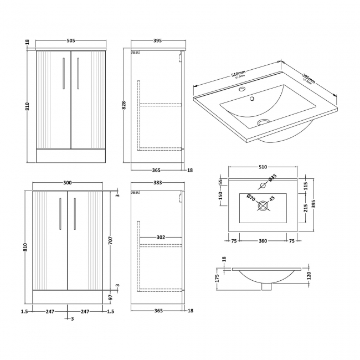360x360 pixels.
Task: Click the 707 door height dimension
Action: (x=111, y=242)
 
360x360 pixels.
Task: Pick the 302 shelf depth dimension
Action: (x=161, y=237)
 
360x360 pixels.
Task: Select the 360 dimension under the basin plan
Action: (x=263, y=241)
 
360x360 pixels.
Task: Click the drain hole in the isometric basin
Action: (x=264, y=122)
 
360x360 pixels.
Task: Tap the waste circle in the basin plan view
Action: (x=263, y=208)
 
